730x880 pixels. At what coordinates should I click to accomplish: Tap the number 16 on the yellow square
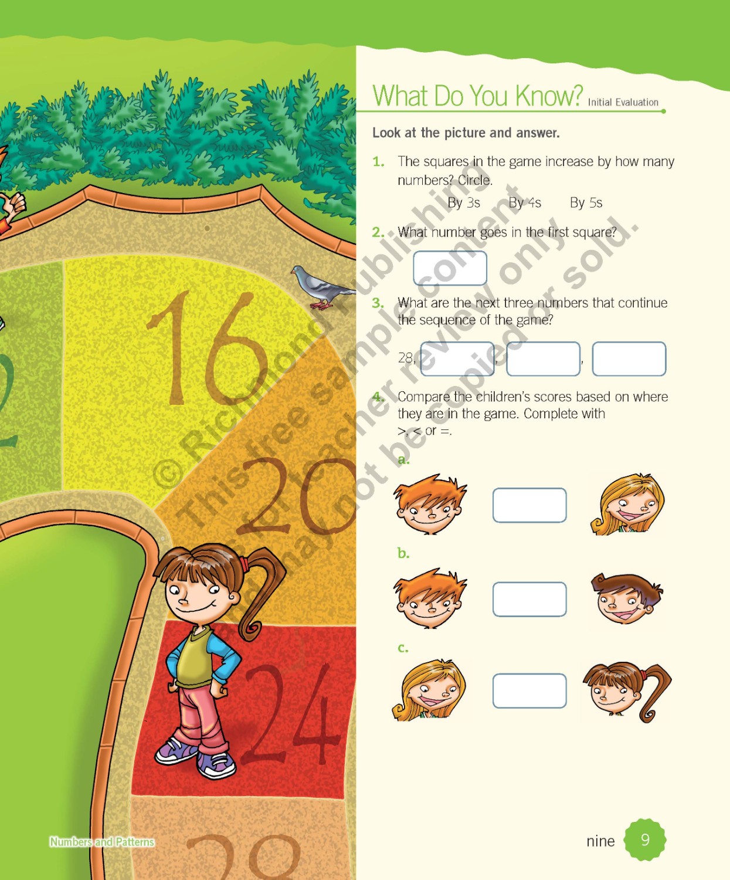click(x=208, y=349)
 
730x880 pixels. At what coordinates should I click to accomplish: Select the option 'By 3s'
click(x=464, y=203)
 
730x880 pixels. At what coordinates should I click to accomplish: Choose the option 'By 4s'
click(x=525, y=203)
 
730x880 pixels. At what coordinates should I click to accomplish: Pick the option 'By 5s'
click(x=586, y=203)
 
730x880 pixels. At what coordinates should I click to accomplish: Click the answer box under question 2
click(x=450, y=268)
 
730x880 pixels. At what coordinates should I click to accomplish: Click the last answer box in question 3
click(x=629, y=359)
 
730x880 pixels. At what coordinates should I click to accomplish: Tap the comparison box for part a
click(x=529, y=505)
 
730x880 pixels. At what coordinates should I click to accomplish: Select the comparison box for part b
click(x=529, y=599)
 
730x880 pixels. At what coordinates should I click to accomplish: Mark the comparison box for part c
click(x=529, y=691)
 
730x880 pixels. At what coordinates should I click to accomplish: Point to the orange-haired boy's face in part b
click(x=430, y=598)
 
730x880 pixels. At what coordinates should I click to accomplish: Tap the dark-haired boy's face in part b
click(x=625, y=600)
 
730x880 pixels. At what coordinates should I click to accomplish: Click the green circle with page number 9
click(x=644, y=840)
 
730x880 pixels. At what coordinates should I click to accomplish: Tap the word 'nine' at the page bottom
click(x=600, y=841)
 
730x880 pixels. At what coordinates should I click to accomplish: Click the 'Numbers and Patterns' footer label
click(x=102, y=842)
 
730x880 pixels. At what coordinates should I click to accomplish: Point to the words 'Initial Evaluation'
click(x=623, y=102)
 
